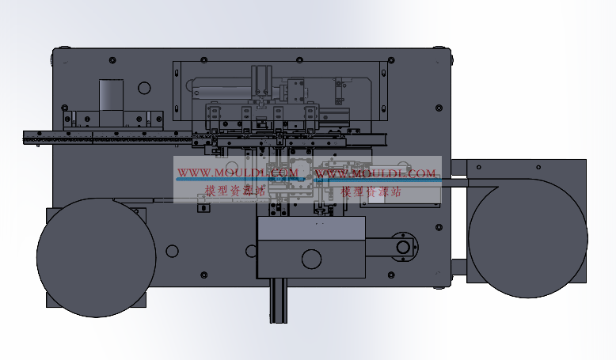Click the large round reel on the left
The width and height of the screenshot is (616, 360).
pyautogui.click(x=97, y=257)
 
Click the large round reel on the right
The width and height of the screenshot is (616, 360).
pyautogui.click(x=528, y=238)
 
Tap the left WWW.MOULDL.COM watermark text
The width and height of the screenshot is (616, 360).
pyautogui.click(x=238, y=172)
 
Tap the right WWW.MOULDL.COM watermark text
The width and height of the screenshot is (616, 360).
pyautogui.click(x=375, y=173)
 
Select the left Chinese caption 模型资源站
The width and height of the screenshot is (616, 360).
pyautogui.click(x=235, y=191)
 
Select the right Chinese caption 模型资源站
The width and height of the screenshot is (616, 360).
pyautogui.click(x=371, y=191)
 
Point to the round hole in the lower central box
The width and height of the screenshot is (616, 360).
pyautogui.click(x=311, y=259)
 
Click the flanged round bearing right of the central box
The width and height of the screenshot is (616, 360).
pyautogui.click(x=404, y=248)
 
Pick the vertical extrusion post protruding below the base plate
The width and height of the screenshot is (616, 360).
pyautogui.click(x=278, y=301)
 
